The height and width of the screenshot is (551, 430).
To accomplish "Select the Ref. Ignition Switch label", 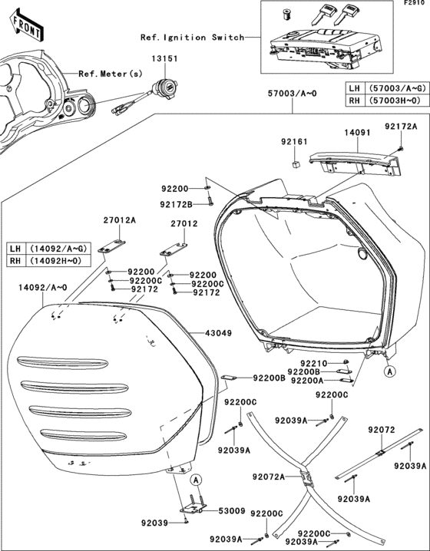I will click(192, 37).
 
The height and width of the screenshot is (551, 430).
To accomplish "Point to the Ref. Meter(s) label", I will click(109, 74).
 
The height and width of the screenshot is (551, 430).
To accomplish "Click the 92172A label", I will click(401, 126).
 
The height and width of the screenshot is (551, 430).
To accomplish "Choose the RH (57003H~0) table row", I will click(385, 101).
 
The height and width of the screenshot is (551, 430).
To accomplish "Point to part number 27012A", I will click(119, 219).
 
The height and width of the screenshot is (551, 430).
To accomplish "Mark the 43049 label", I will click(218, 334).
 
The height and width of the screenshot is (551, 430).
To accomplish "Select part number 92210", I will click(314, 362).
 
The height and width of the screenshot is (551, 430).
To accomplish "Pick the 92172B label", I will click(176, 204).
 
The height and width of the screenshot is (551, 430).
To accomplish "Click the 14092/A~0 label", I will click(37, 288).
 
